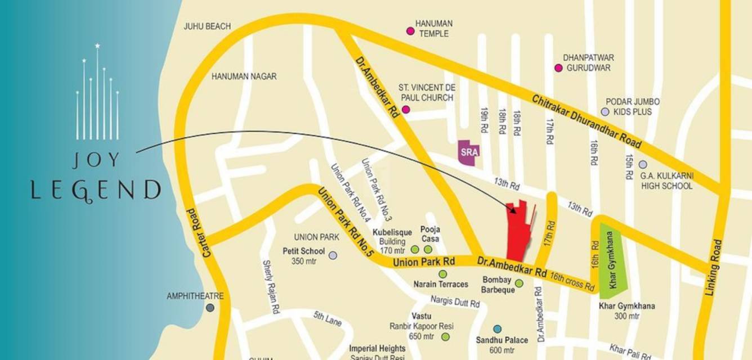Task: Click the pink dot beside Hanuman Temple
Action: (x=410, y=31)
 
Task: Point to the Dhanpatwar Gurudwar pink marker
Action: (x=558, y=68)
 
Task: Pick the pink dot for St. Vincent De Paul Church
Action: (x=406, y=109)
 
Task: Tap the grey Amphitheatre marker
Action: (x=210, y=308)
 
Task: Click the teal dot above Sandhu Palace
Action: (x=497, y=328)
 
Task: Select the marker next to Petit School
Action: (x=333, y=255)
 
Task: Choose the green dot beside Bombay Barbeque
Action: (x=519, y=283)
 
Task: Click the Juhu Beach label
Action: (x=207, y=26)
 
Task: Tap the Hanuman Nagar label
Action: (x=244, y=76)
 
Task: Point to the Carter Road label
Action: (x=200, y=233)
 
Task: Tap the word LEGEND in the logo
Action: (x=96, y=190)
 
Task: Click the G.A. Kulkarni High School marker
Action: (x=643, y=165)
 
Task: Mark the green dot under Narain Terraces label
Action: (x=442, y=274)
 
